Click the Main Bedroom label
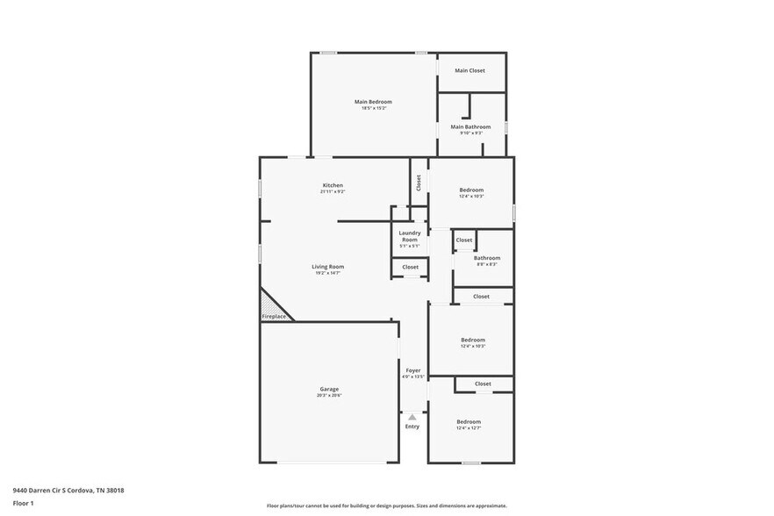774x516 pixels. point(373,102)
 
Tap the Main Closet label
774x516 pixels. point(469,70)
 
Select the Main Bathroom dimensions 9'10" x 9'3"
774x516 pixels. point(471,133)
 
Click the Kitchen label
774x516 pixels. point(333,185)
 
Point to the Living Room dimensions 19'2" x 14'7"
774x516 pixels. point(327,273)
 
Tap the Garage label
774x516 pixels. point(329,389)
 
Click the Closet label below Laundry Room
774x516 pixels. point(410,267)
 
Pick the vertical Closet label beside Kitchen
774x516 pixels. point(419,183)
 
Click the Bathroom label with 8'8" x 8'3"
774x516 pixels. point(487,258)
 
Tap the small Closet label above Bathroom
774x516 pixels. point(464,240)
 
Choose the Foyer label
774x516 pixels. point(412,370)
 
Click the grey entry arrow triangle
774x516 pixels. point(412,417)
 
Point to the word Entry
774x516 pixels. point(412,426)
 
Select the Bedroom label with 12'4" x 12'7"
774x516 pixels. point(469,422)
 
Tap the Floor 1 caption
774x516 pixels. point(23,503)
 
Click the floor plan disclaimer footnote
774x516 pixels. point(386,505)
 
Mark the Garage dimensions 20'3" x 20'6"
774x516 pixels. point(329,395)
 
